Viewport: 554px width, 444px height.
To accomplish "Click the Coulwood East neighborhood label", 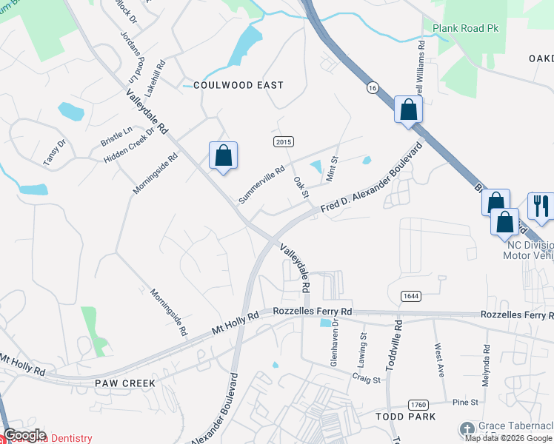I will tap(238, 85).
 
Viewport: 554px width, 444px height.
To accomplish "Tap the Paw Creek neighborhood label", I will tap(124, 383).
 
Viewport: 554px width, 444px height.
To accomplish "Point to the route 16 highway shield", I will tap(372, 87).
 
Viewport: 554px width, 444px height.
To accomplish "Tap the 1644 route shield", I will tap(411, 296).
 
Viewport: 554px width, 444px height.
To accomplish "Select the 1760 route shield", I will tap(418, 404).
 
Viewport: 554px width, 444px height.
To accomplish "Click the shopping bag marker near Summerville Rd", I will tap(223, 155).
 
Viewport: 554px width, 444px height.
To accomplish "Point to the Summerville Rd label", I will tap(261, 185).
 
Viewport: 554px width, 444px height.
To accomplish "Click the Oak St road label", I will tap(300, 186).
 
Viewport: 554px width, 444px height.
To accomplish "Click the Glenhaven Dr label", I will tap(334, 343).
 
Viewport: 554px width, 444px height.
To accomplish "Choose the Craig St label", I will tap(366, 380).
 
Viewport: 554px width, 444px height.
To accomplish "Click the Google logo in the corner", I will tap(24, 435).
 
